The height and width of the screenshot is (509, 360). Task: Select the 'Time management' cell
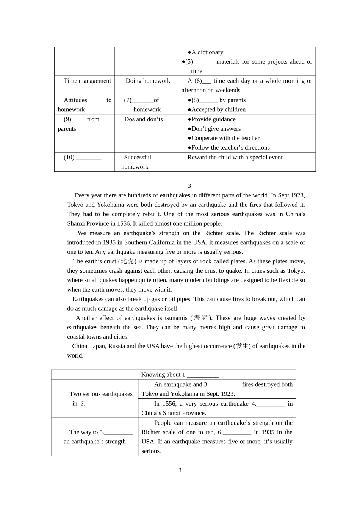point(87,81)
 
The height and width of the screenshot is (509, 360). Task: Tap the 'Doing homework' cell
point(148,81)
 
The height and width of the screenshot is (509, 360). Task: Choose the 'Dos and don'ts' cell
point(143,119)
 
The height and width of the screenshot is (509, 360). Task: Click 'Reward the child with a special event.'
point(236,157)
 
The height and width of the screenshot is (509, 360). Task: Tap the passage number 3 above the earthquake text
point(189,186)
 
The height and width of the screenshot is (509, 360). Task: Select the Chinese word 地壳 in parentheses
point(127,261)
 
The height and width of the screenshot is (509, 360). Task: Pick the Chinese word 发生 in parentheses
point(242,346)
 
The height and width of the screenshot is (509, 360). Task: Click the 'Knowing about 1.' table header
point(180,375)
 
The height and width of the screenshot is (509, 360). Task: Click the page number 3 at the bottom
point(180,470)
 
